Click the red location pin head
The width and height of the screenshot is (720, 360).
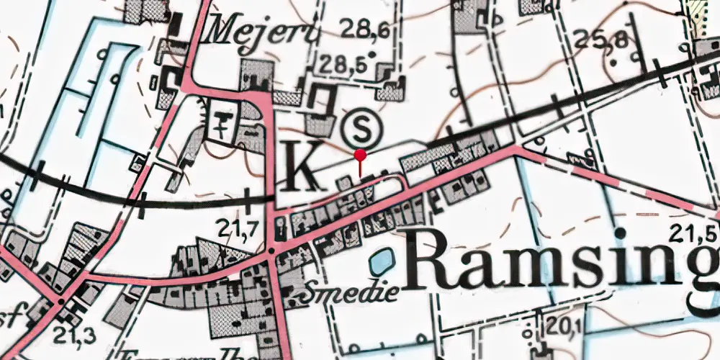[x=361, y=155]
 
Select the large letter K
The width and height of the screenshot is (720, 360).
[x=300, y=167]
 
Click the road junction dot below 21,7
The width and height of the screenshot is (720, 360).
[x=271, y=251]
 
